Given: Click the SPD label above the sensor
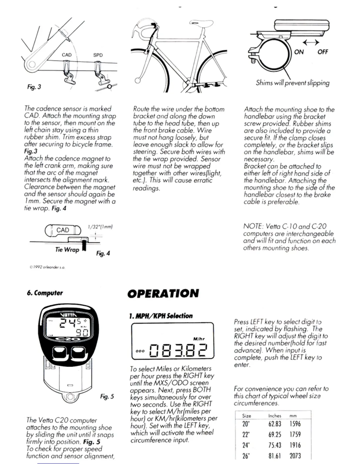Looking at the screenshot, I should pyautogui.click(x=98, y=55).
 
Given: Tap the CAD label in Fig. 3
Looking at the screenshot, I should pyautogui.click(x=67, y=55).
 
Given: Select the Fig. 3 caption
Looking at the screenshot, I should pyautogui.click(x=34, y=87).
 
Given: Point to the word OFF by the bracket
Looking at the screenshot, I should pyautogui.click(x=323, y=52).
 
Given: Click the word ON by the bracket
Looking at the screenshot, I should pyautogui.click(x=299, y=52).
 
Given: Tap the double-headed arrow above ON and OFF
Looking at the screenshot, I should pyautogui.click(x=311, y=43).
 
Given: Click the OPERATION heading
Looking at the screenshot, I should pyautogui.click(x=163, y=293).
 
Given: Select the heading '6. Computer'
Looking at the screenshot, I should pyautogui.click(x=45, y=293).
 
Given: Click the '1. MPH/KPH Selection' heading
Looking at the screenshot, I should pyautogui.click(x=161, y=316).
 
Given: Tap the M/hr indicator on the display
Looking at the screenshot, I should pyautogui.click(x=199, y=339).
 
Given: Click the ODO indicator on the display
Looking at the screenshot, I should pyautogui.click(x=141, y=351).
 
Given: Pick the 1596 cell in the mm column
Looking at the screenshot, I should pyautogui.click(x=295, y=424).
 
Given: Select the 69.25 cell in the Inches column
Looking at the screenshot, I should pyautogui.click(x=275, y=435).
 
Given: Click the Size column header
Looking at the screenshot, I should pyautogui.click(x=246, y=416).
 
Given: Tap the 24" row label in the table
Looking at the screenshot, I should pyautogui.click(x=246, y=445).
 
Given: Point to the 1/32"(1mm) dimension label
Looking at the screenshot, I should pyautogui.click(x=100, y=227).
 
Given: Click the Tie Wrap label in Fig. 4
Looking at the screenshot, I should pyautogui.click(x=67, y=250).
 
